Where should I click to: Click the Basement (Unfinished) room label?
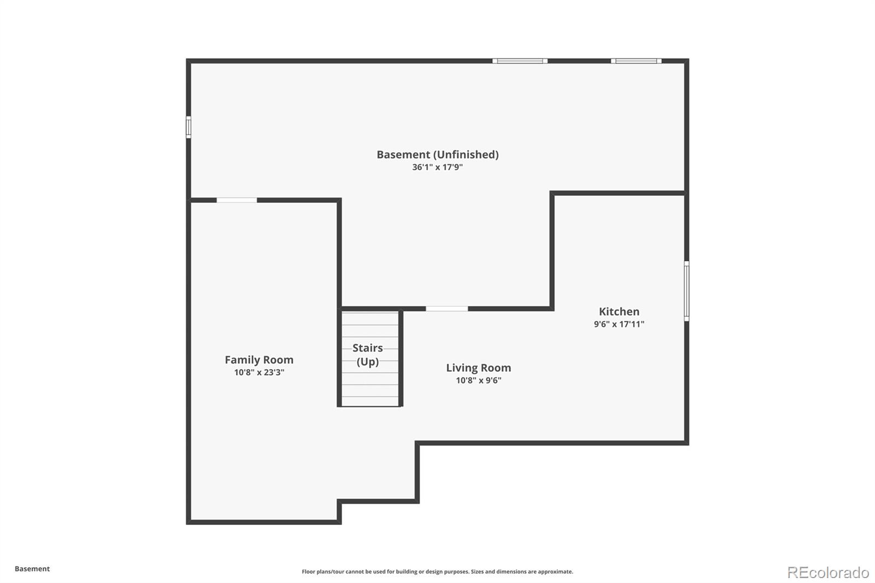click(x=437, y=155)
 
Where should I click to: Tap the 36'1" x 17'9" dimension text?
click(x=437, y=167)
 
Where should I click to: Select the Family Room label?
click(x=259, y=360)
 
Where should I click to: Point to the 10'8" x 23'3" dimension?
click(x=259, y=372)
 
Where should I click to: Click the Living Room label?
click(x=479, y=368)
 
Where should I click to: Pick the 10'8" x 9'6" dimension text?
click(x=479, y=381)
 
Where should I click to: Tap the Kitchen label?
click(x=619, y=312)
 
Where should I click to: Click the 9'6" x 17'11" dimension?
click(x=619, y=324)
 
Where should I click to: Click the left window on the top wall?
click(x=520, y=61)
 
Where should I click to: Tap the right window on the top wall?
click(x=637, y=61)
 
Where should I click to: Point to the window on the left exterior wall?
click(x=188, y=127)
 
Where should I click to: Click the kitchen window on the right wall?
click(x=686, y=291)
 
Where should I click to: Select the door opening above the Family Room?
click(x=237, y=201)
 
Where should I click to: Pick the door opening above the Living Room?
click(x=447, y=309)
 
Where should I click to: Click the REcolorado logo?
click(x=828, y=573)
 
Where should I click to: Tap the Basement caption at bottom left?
click(x=32, y=569)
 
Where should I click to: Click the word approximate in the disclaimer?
click(x=555, y=572)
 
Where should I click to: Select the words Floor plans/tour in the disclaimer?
click(x=323, y=572)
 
